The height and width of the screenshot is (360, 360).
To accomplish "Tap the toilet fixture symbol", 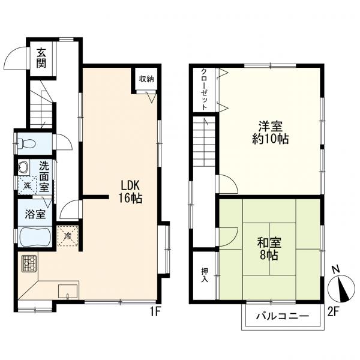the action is [x=26, y=144].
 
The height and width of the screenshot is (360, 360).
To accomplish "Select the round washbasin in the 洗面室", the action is [x=23, y=166].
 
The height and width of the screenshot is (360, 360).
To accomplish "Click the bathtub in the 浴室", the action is [x=35, y=237].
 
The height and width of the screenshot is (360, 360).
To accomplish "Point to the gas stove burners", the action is [x=29, y=263].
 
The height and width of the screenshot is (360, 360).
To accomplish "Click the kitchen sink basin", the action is [x=68, y=291].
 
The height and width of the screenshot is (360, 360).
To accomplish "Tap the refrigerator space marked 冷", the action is [x=68, y=236].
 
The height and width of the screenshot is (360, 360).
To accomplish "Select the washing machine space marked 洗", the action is [x=28, y=185].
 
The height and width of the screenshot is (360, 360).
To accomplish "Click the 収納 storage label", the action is [x=146, y=79].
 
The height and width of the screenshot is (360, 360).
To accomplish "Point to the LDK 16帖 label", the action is [x=130, y=192].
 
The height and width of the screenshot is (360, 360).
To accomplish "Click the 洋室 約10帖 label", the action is [x=270, y=133].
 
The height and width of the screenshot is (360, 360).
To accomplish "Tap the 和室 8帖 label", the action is [x=269, y=248].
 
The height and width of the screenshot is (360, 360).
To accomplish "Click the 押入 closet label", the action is [x=205, y=275].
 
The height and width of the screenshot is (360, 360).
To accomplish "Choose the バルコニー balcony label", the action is [x=283, y=316].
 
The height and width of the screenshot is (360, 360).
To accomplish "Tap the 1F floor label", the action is [x=155, y=312].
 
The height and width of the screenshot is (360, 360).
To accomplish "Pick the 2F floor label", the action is [x=333, y=312].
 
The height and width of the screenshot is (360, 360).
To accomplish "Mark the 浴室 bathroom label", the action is [x=35, y=214].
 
